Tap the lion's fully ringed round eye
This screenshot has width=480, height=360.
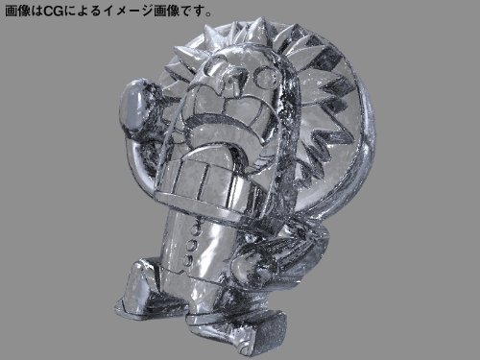pyautogui.click(x=264, y=76)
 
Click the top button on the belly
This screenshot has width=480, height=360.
pyautogui.click(x=194, y=229)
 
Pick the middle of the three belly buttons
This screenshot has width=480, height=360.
pyautogui.click(x=191, y=246)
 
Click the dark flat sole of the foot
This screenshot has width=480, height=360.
pyautogui.click(x=272, y=333)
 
